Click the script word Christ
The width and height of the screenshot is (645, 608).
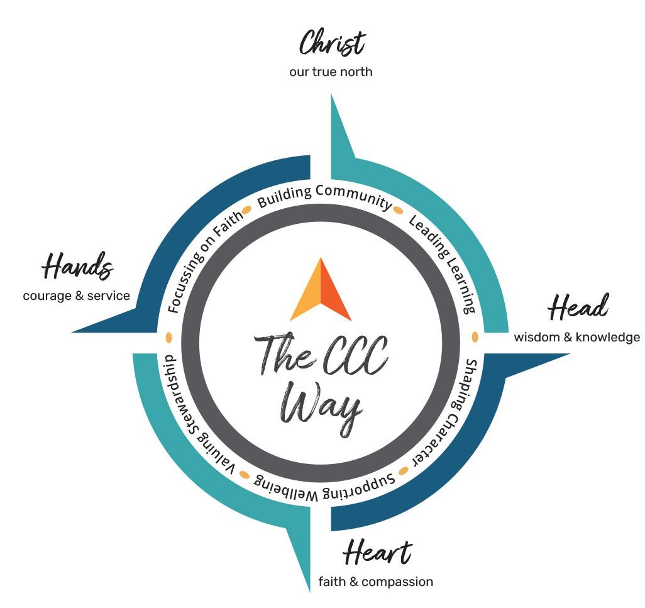point(331,43)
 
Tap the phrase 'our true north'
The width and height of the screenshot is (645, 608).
point(331,72)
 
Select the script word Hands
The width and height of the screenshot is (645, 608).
point(77,266)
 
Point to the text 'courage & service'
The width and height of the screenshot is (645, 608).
point(77,296)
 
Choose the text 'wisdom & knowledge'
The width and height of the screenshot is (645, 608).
point(576,337)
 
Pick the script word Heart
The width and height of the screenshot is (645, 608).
point(377,553)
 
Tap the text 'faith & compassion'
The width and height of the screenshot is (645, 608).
point(375,582)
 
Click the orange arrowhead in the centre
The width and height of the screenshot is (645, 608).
point(321,289)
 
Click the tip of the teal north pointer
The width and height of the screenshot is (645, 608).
point(331,94)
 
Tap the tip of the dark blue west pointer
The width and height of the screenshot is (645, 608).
point(72,331)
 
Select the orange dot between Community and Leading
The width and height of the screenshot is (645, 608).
point(398,210)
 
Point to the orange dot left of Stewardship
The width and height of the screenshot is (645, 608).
point(168,337)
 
